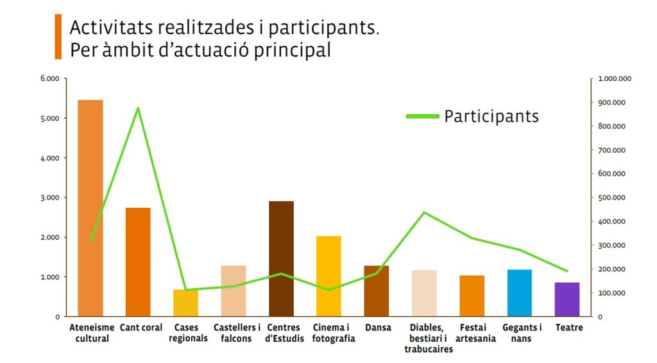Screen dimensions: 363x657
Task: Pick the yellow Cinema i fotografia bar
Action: tap(328, 276)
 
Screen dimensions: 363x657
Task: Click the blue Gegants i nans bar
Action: tap(519, 292)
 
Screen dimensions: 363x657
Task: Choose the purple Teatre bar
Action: tap(567, 299)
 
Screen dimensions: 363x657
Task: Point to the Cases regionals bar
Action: tap(185, 303)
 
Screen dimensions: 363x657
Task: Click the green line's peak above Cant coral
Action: tap(138, 108)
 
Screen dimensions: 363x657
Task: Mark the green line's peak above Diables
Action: tap(424, 212)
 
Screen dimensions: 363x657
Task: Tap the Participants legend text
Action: tap(491, 116)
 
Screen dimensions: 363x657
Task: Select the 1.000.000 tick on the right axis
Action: tap(615, 79)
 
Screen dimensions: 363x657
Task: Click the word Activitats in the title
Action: tap(102, 29)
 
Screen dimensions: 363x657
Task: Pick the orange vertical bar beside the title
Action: tap(58, 37)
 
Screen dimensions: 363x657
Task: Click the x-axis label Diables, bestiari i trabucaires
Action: tap(428, 338)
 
